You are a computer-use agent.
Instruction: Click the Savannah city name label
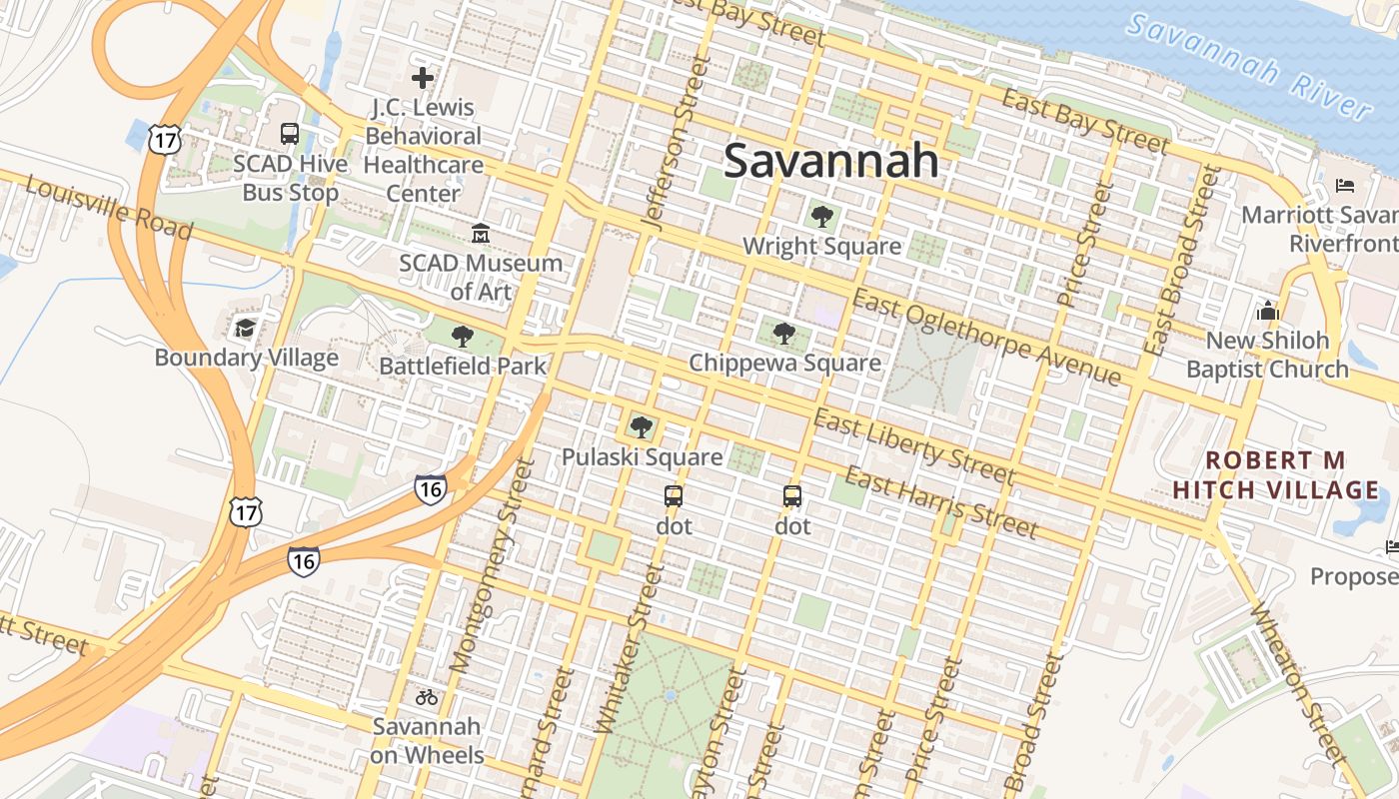(830, 161)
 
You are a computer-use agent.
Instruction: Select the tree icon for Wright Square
(822, 216)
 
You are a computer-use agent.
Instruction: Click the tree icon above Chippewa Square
(784, 333)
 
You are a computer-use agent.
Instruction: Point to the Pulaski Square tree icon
(642, 427)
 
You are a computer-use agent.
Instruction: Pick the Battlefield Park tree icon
(462, 336)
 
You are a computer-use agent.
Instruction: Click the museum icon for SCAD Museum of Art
(481, 234)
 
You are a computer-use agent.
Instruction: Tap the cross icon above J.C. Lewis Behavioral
(423, 77)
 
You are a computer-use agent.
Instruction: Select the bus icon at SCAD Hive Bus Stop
(290, 134)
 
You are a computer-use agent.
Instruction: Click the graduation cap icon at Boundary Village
(245, 328)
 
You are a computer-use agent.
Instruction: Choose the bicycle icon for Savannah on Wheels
(427, 697)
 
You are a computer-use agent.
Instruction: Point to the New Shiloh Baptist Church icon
(1268, 311)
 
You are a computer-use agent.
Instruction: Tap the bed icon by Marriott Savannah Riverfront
(1345, 186)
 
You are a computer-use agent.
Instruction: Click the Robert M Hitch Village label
(1275, 475)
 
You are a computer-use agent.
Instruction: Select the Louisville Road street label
(108, 209)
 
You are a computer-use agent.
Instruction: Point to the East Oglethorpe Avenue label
(986, 338)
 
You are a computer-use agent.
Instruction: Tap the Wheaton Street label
(1298, 684)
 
